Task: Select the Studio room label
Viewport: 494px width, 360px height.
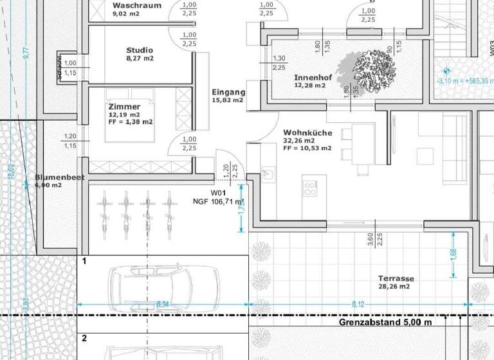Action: [140, 50]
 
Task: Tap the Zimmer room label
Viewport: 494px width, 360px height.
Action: [123, 107]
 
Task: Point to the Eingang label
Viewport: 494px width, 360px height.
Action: [228, 92]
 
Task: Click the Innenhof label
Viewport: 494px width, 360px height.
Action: [313, 77]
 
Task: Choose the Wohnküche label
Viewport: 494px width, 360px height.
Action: [307, 133]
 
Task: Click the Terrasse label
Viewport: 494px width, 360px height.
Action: [396, 278]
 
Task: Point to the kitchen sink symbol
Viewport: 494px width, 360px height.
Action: [266, 174]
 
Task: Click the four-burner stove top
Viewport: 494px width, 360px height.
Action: [310, 188]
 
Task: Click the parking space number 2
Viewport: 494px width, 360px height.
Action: [84, 337]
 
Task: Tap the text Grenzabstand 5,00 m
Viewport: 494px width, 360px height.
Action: [385, 321]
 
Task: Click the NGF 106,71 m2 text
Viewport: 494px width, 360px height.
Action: [219, 201]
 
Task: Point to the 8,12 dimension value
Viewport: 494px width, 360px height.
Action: [358, 303]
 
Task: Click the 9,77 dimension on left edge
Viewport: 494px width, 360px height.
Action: [26, 53]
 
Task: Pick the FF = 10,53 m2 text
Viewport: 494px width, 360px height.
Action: [307, 148]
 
